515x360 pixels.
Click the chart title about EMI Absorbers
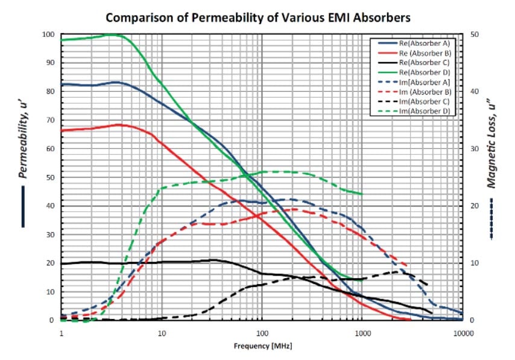pyautogui.click(x=258, y=17)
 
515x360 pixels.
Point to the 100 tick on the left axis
pyautogui.click(x=48, y=34)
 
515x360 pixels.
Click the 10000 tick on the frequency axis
pyautogui.click(x=461, y=332)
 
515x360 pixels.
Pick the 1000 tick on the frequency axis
pyautogui.click(x=362, y=332)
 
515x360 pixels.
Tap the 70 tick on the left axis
pyautogui.click(x=50, y=120)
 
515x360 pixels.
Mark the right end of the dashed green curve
pyautogui.click(x=362, y=194)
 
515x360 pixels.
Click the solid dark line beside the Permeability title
pyautogui.click(x=23, y=206)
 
